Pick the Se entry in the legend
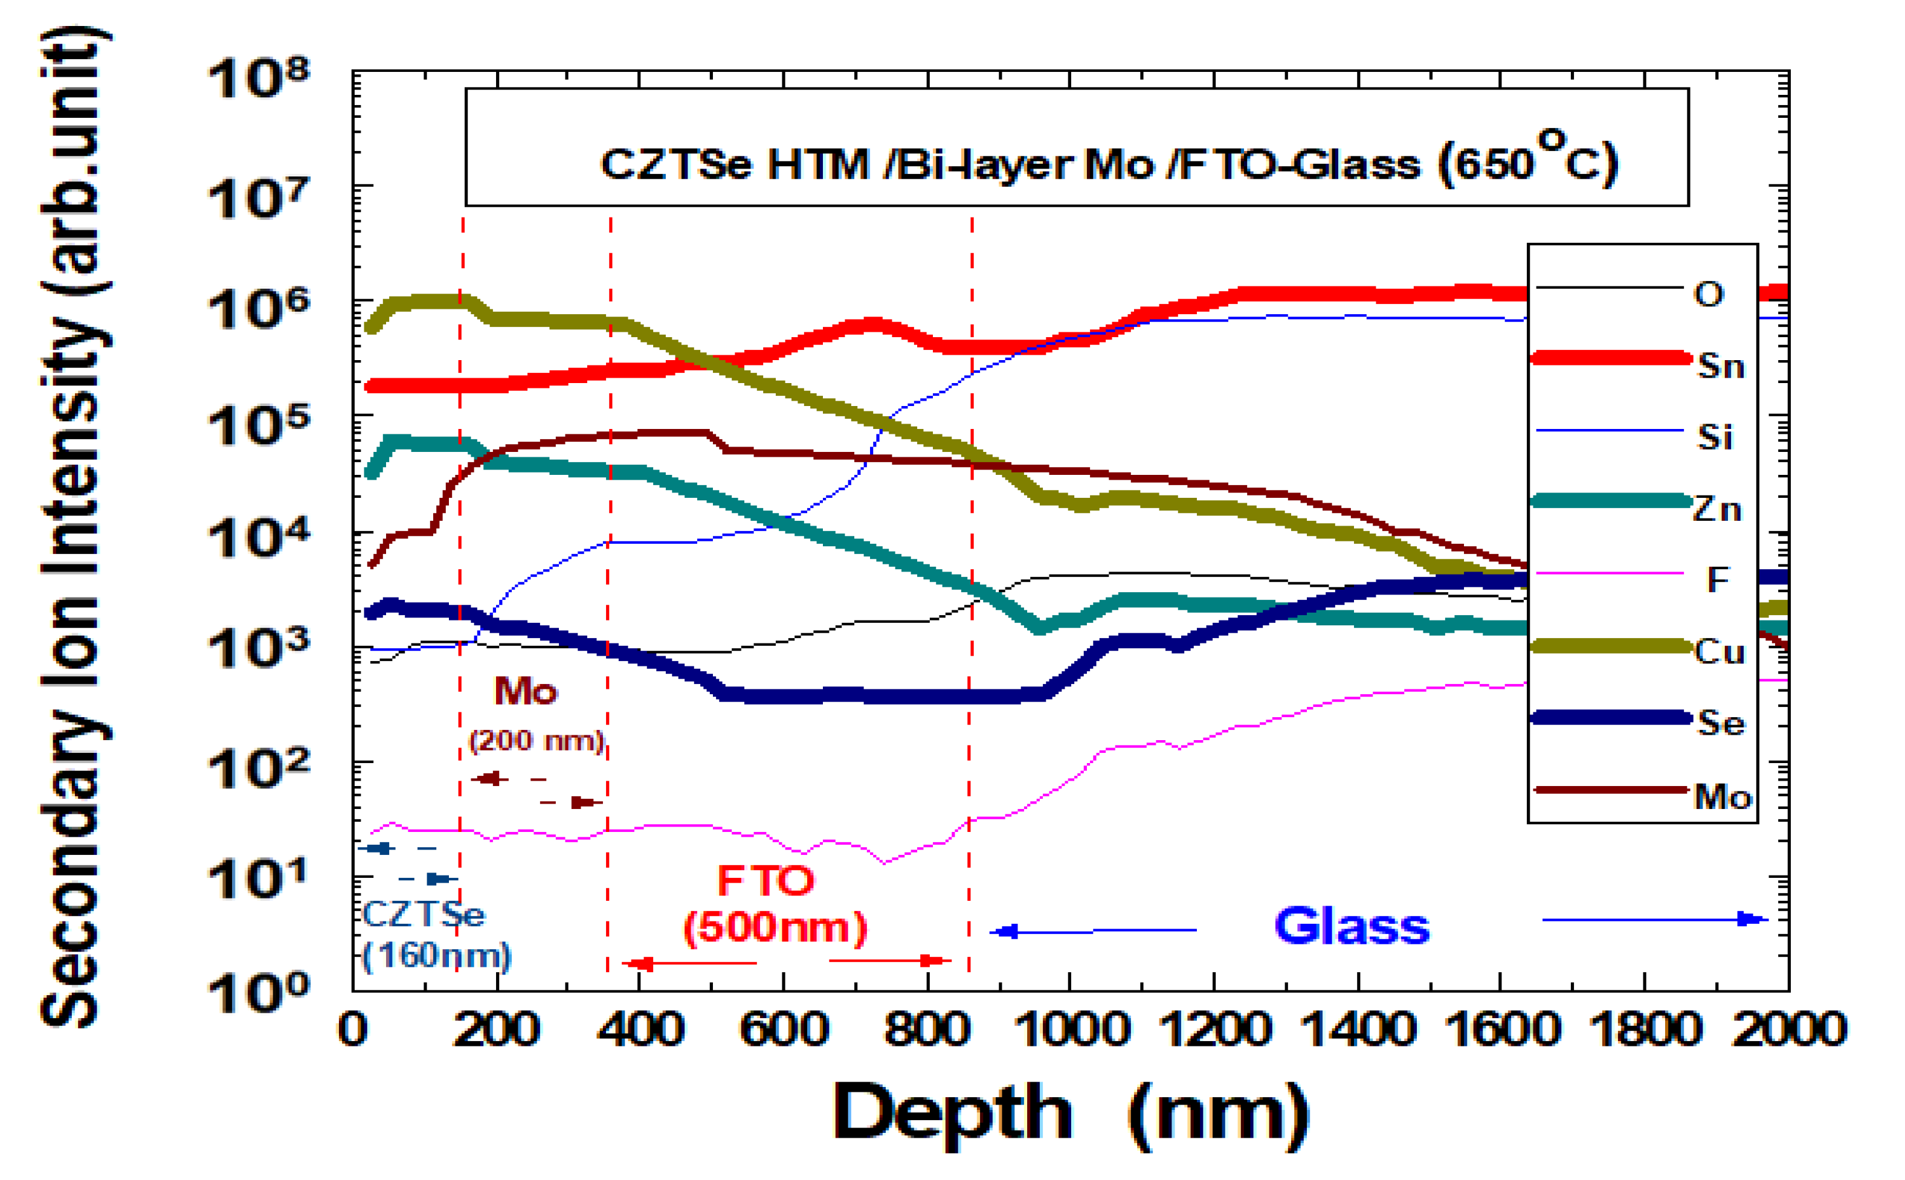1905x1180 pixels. [1720, 723]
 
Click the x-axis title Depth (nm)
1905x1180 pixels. [1070, 1114]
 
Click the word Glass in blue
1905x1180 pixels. [1351, 926]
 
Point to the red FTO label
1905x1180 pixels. [766, 881]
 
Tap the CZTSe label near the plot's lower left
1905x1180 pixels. [423, 914]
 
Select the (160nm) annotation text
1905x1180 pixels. [436, 955]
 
